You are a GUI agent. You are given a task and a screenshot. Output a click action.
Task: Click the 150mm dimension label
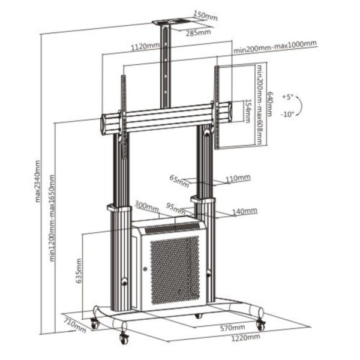205,16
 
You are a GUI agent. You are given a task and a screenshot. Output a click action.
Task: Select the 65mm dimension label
175,178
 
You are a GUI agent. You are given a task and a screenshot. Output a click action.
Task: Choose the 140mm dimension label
245,211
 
